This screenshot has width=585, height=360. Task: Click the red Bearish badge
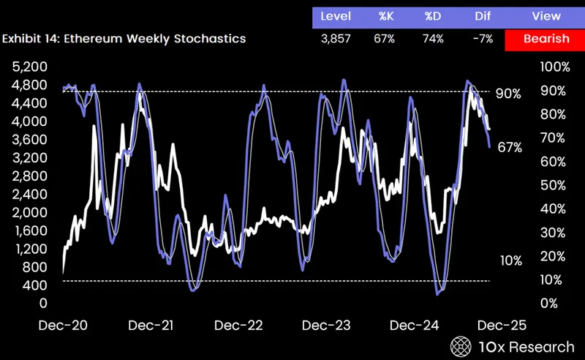[x=544, y=39]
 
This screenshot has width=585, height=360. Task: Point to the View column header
[x=546, y=16]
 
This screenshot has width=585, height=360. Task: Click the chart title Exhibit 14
[x=123, y=39]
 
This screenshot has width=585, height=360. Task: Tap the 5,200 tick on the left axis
[x=30, y=67]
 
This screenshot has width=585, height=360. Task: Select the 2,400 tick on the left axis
[x=30, y=194]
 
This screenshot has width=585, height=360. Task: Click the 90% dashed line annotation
[x=507, y=94]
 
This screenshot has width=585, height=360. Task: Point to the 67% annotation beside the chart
[x=509, y=147]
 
